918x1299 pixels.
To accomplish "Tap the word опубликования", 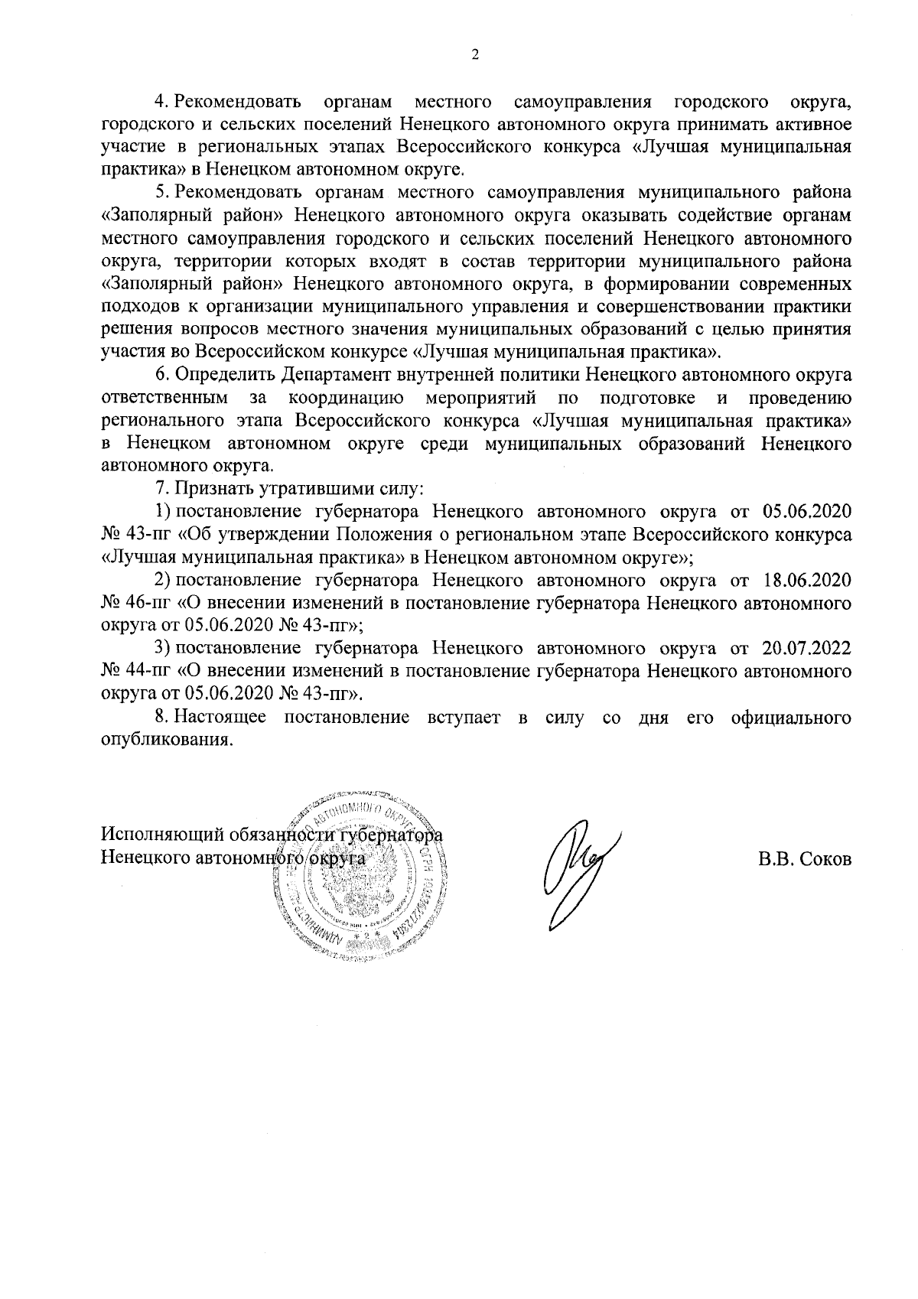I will [x=166, y=741].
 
